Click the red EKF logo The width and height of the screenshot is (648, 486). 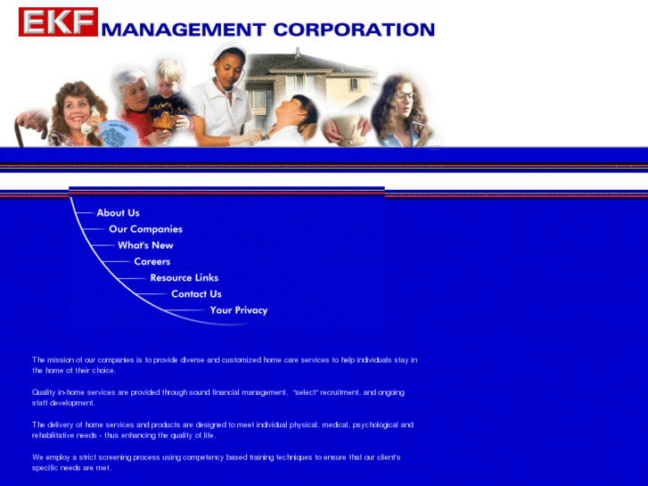click(58, 21)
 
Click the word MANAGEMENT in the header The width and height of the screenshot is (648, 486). click(184, 29)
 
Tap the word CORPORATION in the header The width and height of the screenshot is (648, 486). click(354, 29)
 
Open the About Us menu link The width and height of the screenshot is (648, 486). click(118, 213)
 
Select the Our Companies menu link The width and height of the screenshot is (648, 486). click(145, 229)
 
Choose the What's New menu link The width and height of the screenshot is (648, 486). click(145, 245)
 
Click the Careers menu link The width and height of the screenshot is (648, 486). click(152, 261)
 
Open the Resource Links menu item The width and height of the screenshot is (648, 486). click(184, 277)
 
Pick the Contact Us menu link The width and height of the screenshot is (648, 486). click(196, 293)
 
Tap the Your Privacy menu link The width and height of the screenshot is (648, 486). click(238, 310)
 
